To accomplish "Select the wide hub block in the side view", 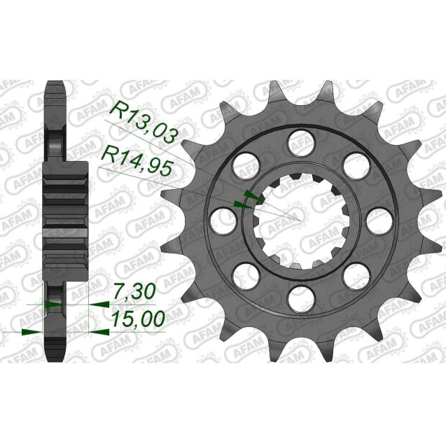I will [x=67, y=214].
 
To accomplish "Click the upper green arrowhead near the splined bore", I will [x=247, y=195].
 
